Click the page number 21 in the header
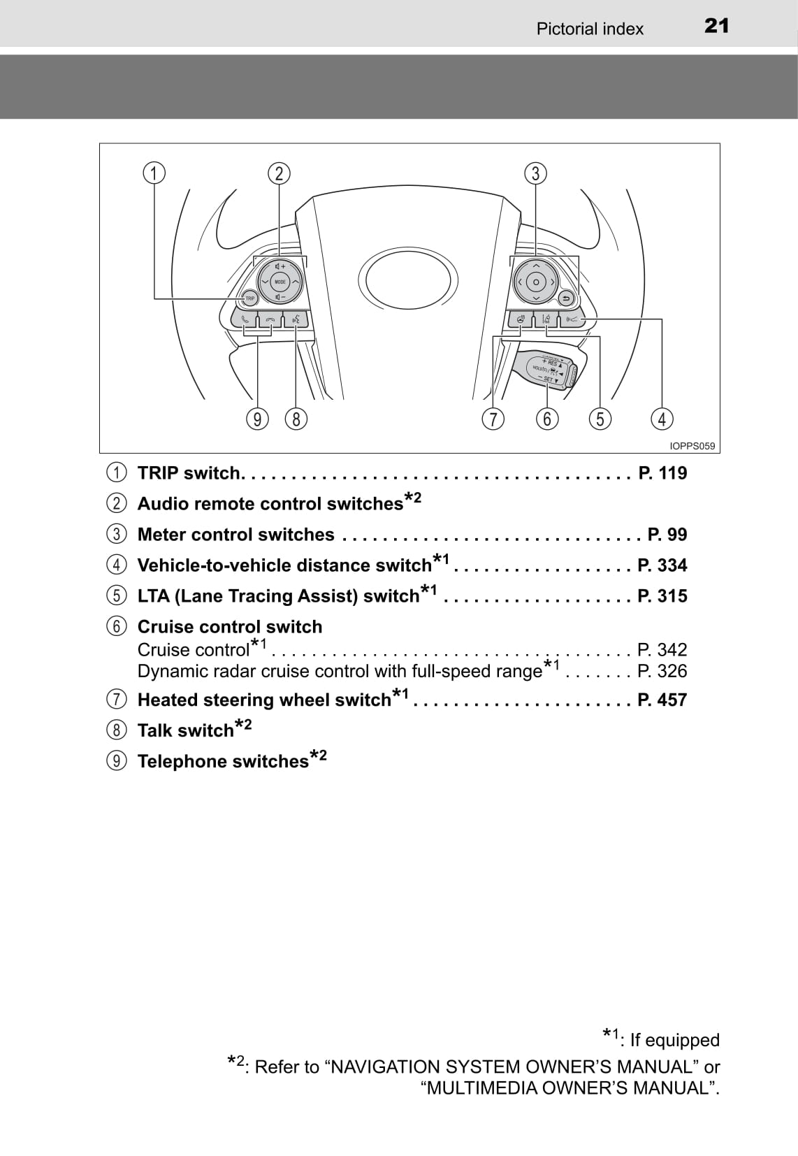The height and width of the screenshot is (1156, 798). (716, 26)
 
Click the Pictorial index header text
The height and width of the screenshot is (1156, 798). (590, 29)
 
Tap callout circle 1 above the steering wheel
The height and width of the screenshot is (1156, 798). (154, 173)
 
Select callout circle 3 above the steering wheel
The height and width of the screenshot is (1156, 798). (535, 173)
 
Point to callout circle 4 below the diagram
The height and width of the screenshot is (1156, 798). (661, 419)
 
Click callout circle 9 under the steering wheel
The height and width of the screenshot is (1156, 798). (258, 419)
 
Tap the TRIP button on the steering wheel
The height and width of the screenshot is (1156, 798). (249, 298)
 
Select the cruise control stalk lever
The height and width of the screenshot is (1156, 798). (549, 369)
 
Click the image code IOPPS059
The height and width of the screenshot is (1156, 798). (692, 446)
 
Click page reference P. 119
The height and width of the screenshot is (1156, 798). (662, 473)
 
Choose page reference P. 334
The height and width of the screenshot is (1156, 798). (662, 565)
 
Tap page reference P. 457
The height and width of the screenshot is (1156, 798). (662, 700)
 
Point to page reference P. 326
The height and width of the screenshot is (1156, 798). (662, 671)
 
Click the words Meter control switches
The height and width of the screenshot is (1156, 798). (236, 535)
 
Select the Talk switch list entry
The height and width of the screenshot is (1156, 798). (186, 730)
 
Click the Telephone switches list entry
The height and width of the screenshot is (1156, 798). (223, 761)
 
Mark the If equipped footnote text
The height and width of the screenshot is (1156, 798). (674, 1040)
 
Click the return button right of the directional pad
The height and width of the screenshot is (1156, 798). (567, 298)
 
